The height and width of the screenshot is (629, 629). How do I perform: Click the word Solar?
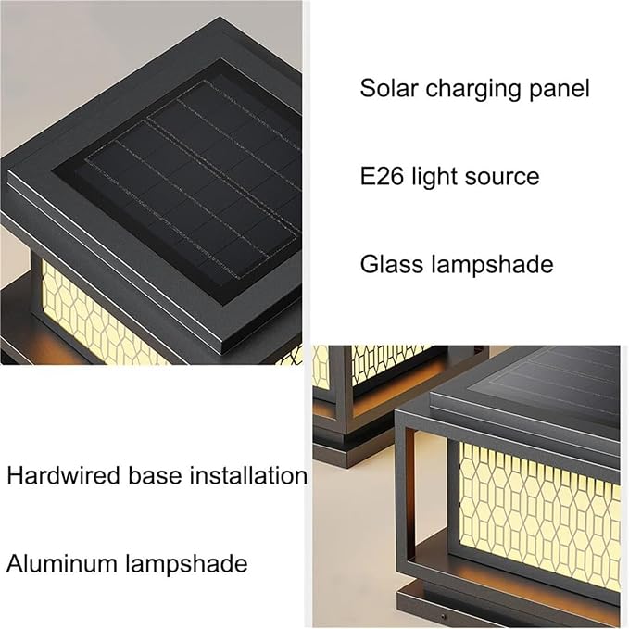[x=389, y=88]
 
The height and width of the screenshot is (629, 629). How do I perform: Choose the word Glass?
[x=388, y=264]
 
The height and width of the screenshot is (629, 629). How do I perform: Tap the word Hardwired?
[x=63, y=475]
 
